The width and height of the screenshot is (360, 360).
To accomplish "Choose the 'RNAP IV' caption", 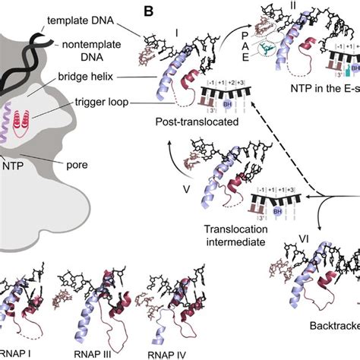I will point(161,352).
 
